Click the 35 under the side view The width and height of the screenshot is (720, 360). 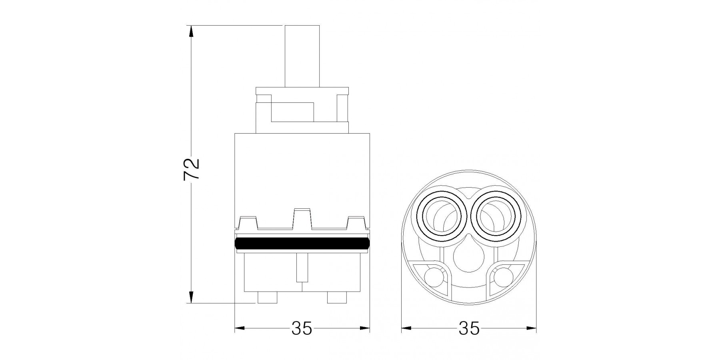302,328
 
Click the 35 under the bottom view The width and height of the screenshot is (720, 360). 469,328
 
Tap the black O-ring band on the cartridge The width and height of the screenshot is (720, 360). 302,244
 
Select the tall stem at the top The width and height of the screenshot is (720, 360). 302,56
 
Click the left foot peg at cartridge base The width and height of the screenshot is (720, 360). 267,298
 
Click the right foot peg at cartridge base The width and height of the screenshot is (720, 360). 337,298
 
